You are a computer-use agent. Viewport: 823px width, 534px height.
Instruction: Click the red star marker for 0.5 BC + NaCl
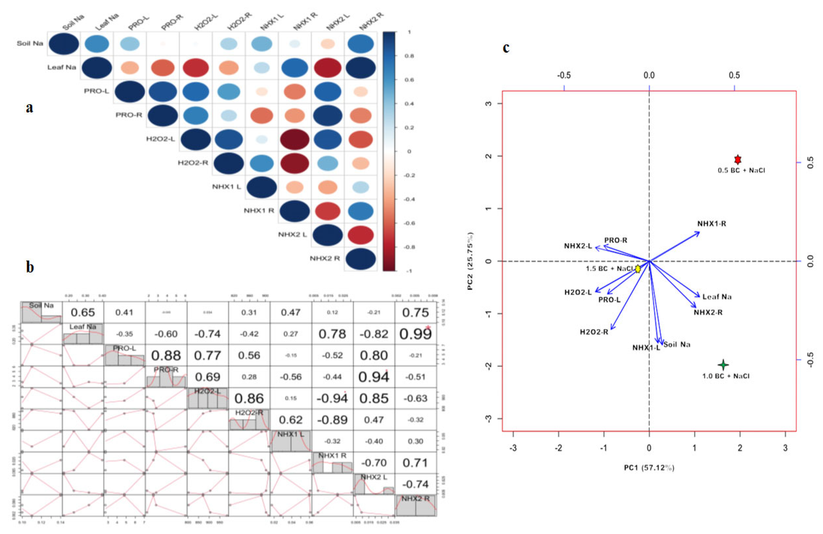(738, 160)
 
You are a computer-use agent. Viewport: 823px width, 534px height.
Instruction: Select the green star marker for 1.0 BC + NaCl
(723, 365)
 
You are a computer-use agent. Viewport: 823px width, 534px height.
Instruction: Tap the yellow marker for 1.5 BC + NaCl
(638, 268)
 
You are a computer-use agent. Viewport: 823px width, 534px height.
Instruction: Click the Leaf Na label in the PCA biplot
(717, 297)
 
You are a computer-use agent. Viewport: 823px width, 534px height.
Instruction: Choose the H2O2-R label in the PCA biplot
(594, 332)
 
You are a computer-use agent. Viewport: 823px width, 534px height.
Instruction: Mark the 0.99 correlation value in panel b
(415, 334)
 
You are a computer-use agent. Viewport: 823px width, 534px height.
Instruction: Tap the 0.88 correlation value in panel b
(166, 355)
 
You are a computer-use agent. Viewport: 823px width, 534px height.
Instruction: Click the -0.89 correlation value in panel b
(332, 420)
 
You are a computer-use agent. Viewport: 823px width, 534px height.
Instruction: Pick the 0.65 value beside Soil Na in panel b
(83, 312)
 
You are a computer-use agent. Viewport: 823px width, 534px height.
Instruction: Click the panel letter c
(506, 48)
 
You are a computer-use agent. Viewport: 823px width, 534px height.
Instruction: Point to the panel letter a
(30, 108)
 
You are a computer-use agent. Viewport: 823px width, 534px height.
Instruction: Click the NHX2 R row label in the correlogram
(325, 258)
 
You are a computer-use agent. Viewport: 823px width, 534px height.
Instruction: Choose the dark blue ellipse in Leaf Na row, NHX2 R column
(360, 67)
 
